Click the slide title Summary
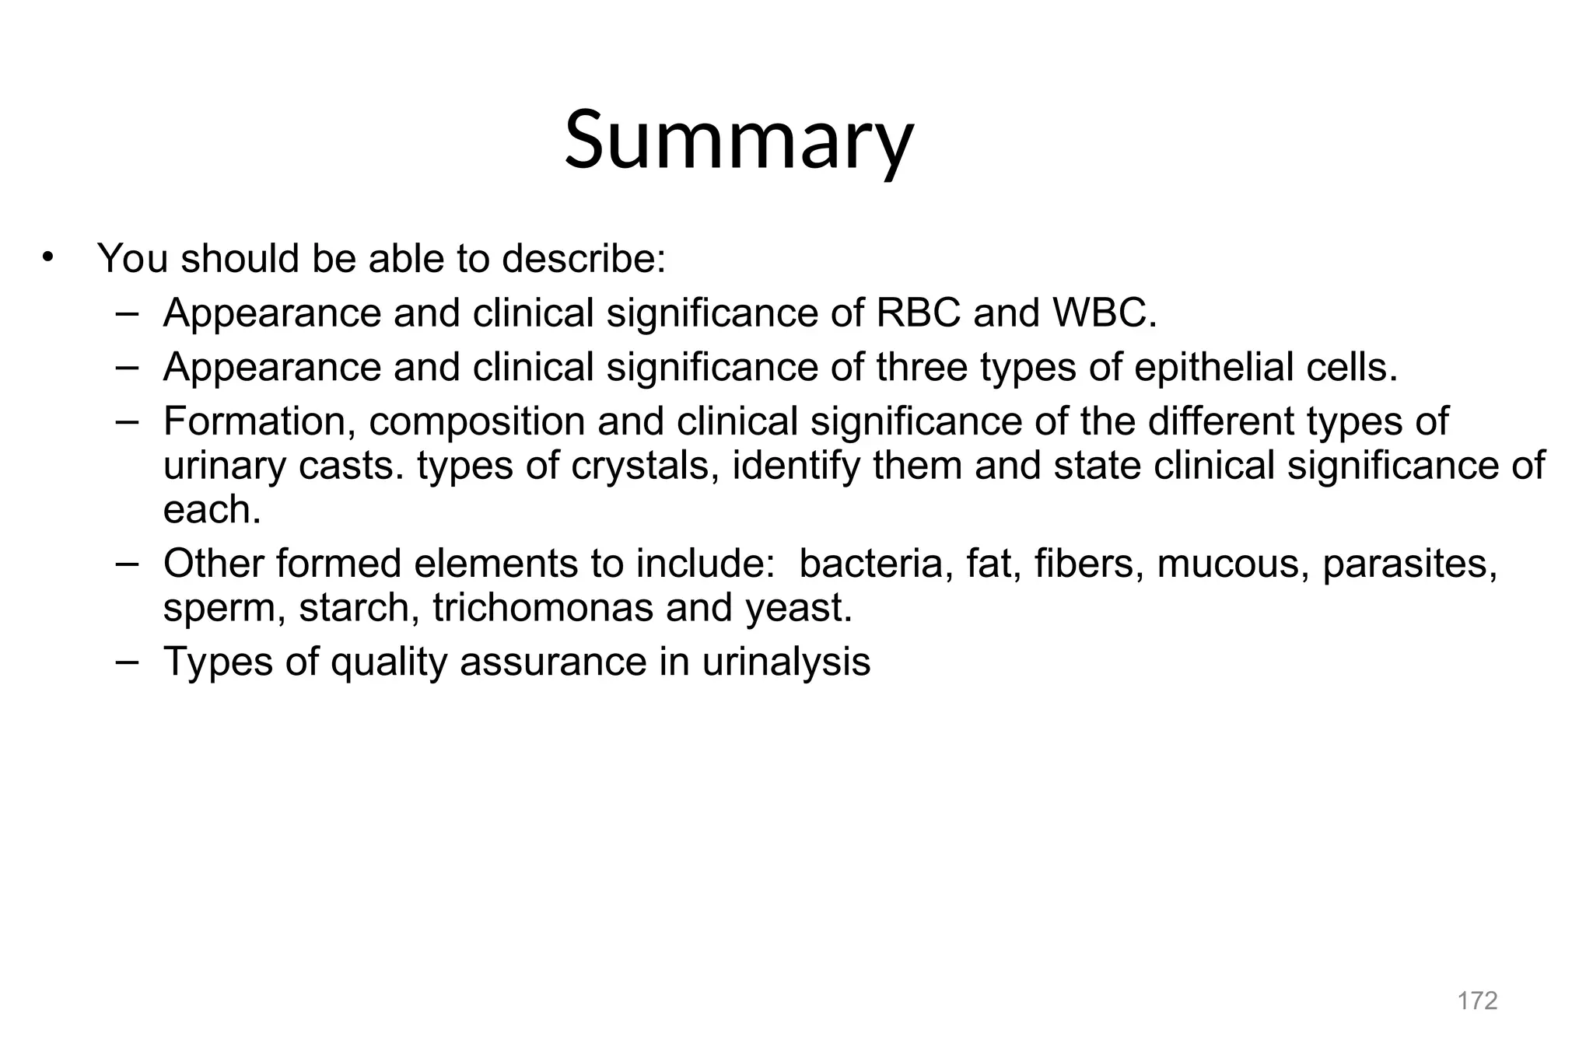738,140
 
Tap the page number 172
1477,1001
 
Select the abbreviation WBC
1104,313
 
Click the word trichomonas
542,607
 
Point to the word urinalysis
786,662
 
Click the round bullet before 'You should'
48,257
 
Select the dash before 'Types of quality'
126,661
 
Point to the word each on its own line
212,510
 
